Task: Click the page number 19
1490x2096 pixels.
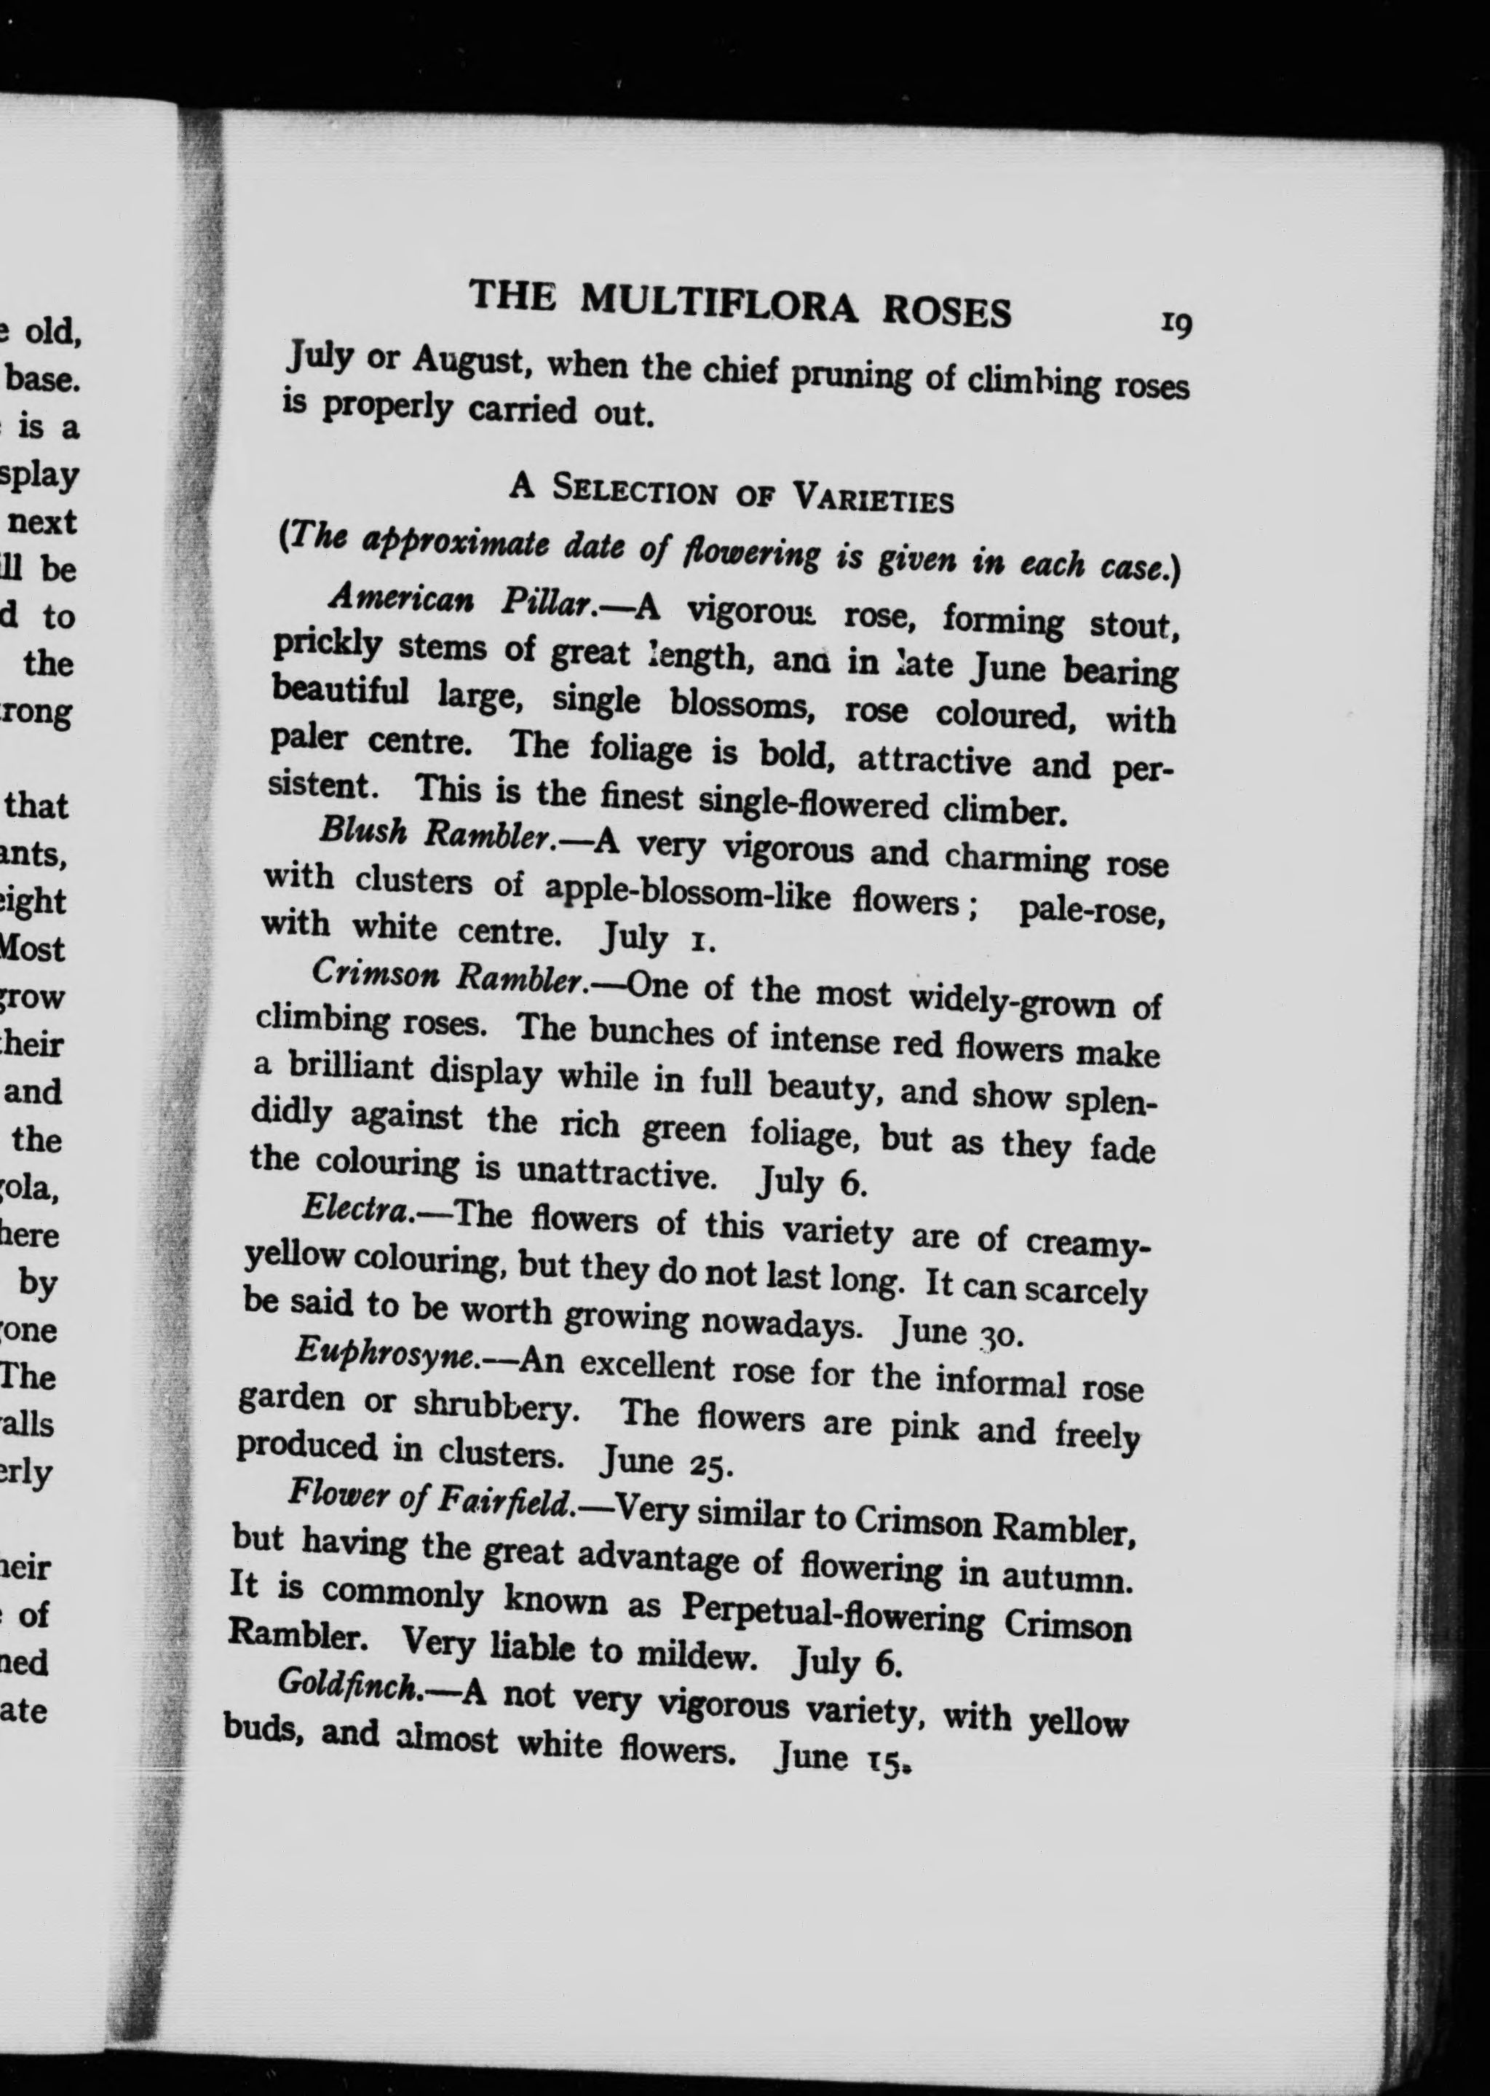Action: (1176, 324)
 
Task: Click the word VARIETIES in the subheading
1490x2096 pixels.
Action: (873, 499)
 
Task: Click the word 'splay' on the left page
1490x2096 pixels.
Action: (43, 476)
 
